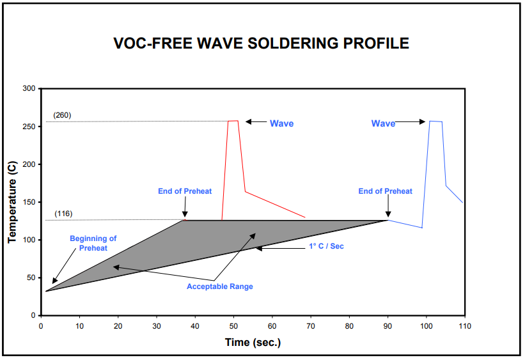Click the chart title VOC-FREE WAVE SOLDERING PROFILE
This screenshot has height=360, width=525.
[261, 44]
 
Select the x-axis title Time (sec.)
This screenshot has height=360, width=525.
[253, 342]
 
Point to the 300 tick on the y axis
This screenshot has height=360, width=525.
[29, 88]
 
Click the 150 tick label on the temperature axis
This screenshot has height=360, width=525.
[29, 202]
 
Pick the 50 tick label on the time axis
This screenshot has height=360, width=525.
[233, 326]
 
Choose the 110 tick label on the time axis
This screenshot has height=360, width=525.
[464, 326]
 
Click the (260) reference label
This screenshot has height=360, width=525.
[63, 115]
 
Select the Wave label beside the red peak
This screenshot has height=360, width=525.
[281, 123]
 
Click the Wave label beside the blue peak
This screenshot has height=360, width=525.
[383, 123]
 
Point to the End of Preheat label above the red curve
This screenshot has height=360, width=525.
[185, 191]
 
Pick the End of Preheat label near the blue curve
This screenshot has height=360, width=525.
[385, 191]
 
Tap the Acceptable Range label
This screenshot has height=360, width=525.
[219, 286]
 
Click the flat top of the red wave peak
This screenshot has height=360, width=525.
[233, 120]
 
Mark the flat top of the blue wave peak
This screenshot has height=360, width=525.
[435, 121]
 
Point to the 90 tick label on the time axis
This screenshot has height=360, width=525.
[388, 326]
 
